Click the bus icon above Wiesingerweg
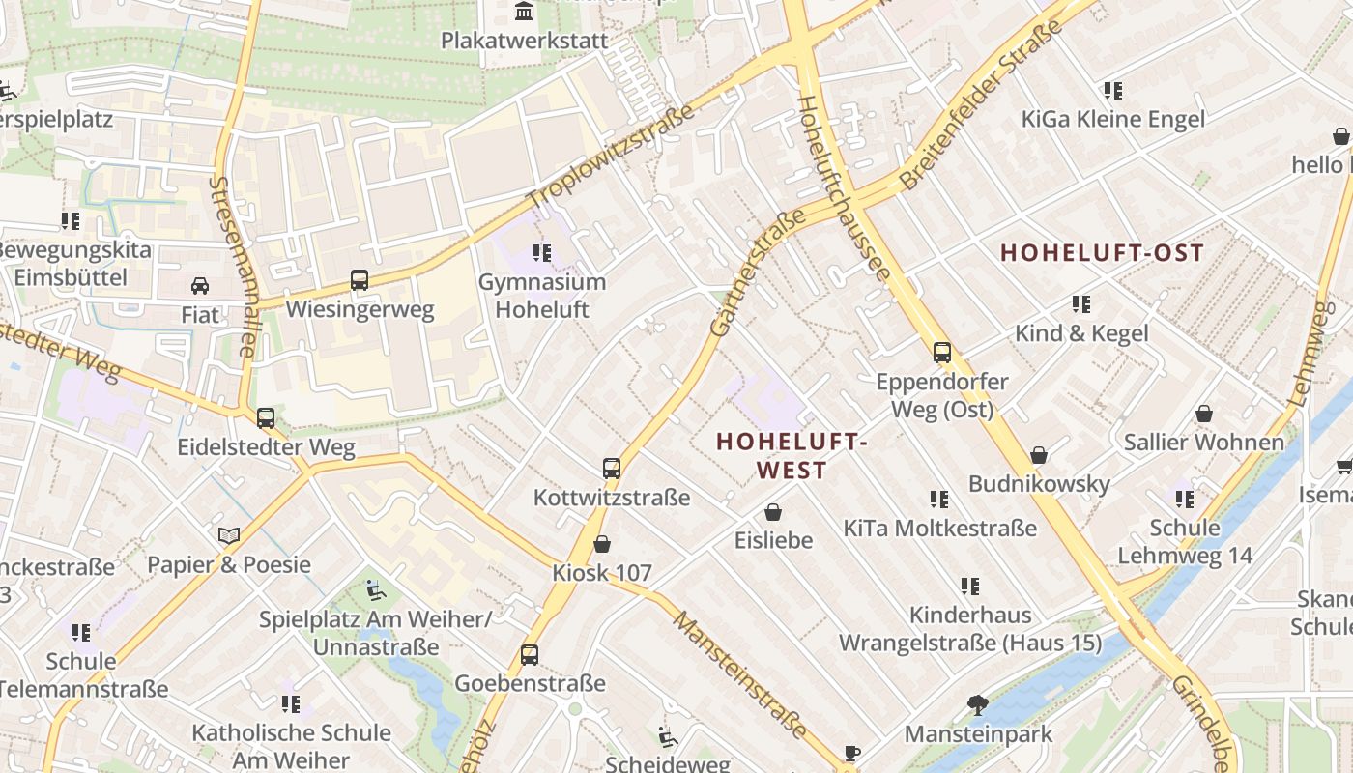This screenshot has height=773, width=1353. click(360, 280)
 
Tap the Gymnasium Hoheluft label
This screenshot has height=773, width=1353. click(542, 296)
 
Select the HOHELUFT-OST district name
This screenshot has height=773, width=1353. click(1102, 253)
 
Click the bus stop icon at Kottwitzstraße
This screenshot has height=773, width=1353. click(612, 469)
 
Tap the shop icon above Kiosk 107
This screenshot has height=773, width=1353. click(602, 545)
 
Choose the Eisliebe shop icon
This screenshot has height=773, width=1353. click(773, 511)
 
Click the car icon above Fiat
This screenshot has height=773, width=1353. click(200, 286)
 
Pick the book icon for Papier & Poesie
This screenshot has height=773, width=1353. click(229, 535)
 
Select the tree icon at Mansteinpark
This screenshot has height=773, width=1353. click(978, 705)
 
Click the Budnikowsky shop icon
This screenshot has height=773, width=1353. click(1039, 455)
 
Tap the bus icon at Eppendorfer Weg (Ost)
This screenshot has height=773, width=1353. click(941, 353)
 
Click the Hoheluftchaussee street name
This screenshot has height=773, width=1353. click(842, 188)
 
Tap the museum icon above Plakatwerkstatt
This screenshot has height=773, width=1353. click(525, 12)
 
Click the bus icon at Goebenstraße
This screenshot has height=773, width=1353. click(530, 654)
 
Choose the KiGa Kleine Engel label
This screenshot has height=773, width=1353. click(1113, 119)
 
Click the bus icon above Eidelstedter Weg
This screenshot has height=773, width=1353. click(266, 418)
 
